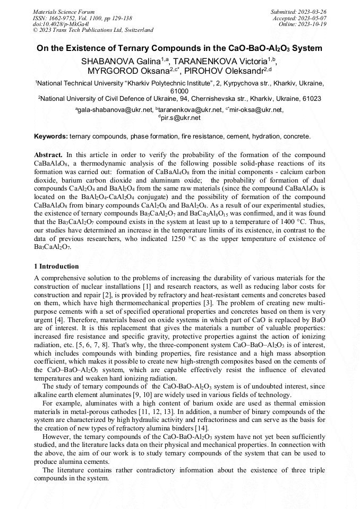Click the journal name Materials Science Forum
coord(64,11)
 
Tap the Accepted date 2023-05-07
coord(313,18)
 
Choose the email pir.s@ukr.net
coord(181,118)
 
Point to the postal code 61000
coord(179,91)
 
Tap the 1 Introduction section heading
coord(56,266)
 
